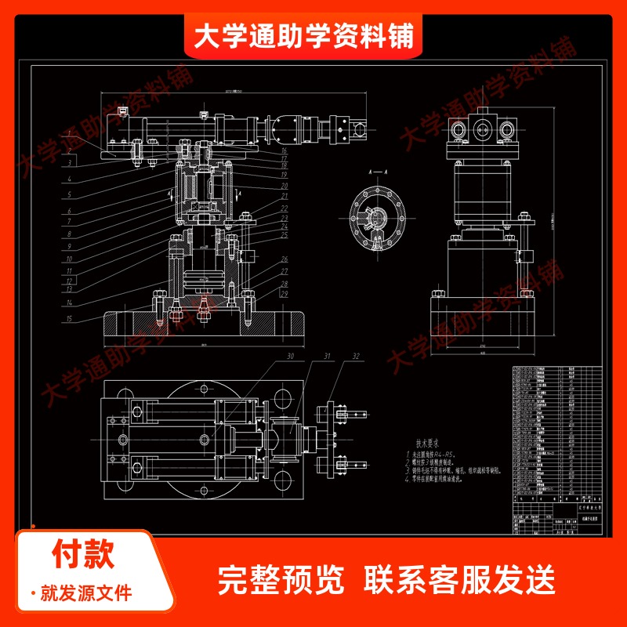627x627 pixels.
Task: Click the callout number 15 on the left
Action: click(69, 319)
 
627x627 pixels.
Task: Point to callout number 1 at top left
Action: click(69, 137)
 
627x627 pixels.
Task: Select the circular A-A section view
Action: click(379, 221)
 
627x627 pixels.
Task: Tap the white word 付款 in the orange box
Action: click(84, 553)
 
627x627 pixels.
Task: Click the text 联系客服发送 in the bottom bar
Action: click(459, 581)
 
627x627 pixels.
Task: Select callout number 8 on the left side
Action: click(69, 234)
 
